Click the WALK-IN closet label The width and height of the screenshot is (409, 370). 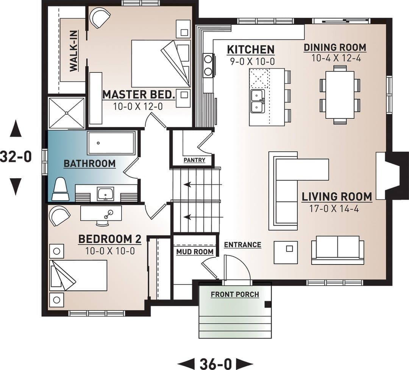[74, 51]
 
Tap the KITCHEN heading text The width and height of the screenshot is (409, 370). [251, 49]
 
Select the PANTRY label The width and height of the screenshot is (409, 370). [194, 160]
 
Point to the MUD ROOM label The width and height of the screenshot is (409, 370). [195, 252]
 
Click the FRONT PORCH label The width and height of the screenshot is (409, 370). [235, 294]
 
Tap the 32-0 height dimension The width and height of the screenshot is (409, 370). [16, 157]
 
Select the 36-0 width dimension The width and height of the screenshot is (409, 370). [215, 364]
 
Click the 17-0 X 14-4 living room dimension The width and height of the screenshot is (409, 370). [334, 209]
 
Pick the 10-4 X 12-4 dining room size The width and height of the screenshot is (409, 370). [336, 58]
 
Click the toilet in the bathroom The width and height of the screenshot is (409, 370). [60, 190]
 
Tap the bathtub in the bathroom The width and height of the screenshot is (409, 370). [112, 143]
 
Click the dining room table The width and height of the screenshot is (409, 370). [340, 95]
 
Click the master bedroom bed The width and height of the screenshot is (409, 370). [161, 64]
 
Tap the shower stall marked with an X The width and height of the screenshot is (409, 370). [67, 113]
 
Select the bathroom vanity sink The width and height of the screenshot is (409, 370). [106, 194]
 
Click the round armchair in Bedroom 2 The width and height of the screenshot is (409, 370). [59, 216]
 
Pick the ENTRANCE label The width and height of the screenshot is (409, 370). [243, 245]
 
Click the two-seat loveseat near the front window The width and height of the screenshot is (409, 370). [337, 250]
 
